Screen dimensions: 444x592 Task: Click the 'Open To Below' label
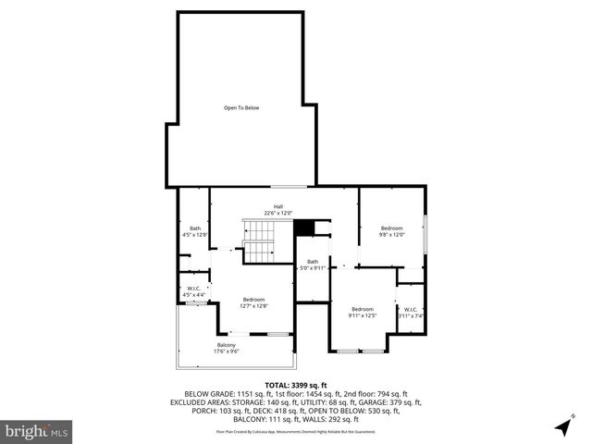click(240, 108)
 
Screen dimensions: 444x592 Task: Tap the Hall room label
click(277, 206)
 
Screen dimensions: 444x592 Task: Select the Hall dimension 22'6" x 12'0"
click(277, 214)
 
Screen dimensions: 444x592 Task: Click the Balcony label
click(227, 345)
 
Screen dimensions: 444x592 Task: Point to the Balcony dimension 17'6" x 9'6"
click(227, 352)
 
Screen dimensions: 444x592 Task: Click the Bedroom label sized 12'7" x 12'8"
click(253, 299)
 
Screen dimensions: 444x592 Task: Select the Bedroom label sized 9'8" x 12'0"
click(392, 228)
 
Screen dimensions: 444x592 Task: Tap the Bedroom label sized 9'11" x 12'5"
click(362, 309)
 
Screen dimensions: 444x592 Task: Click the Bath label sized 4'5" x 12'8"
click(195, 228)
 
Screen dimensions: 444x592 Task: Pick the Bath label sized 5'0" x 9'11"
click(313, 261)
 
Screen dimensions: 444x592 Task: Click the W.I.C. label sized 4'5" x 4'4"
click(194, 289)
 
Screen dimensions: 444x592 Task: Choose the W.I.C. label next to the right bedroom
click(411, 309)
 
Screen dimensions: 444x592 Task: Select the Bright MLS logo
click(37, 430)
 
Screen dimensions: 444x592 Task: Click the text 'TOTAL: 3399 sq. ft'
click(296, 384)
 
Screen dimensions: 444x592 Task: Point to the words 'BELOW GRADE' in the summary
click(210, 394)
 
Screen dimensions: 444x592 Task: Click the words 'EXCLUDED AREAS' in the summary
click(201, 403)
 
